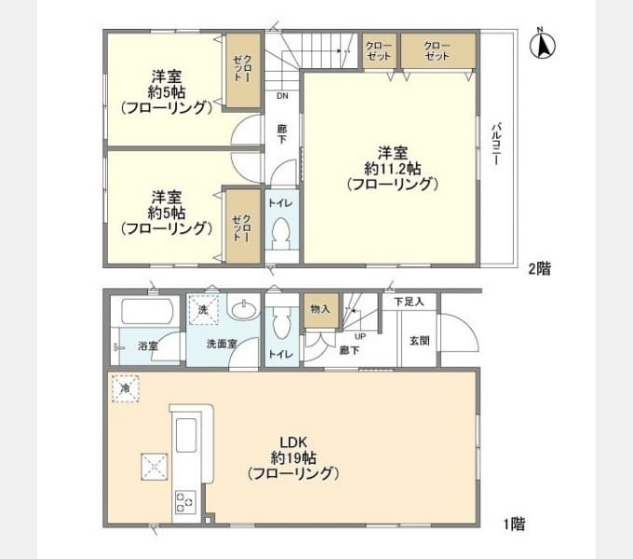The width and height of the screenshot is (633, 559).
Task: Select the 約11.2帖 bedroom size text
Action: (x=392, y=169)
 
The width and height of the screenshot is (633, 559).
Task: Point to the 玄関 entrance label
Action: (x=419, y=341)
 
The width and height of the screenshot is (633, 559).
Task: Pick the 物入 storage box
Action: (x=318, y=309)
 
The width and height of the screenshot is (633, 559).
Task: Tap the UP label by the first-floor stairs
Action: (x=358, y=335)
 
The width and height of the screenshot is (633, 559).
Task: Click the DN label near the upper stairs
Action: (x=281, y=95)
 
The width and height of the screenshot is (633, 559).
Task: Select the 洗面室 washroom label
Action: (x=222, y=344)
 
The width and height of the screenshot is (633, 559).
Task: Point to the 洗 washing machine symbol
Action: (x=203, y=308)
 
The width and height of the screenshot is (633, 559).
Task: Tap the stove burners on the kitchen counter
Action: (x=183, y=503)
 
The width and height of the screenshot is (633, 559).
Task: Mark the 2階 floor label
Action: (x=540, y=269)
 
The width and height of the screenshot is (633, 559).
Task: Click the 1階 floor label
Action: (x=514, y=524)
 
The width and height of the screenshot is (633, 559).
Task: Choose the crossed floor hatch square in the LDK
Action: (x=152, y=466)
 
